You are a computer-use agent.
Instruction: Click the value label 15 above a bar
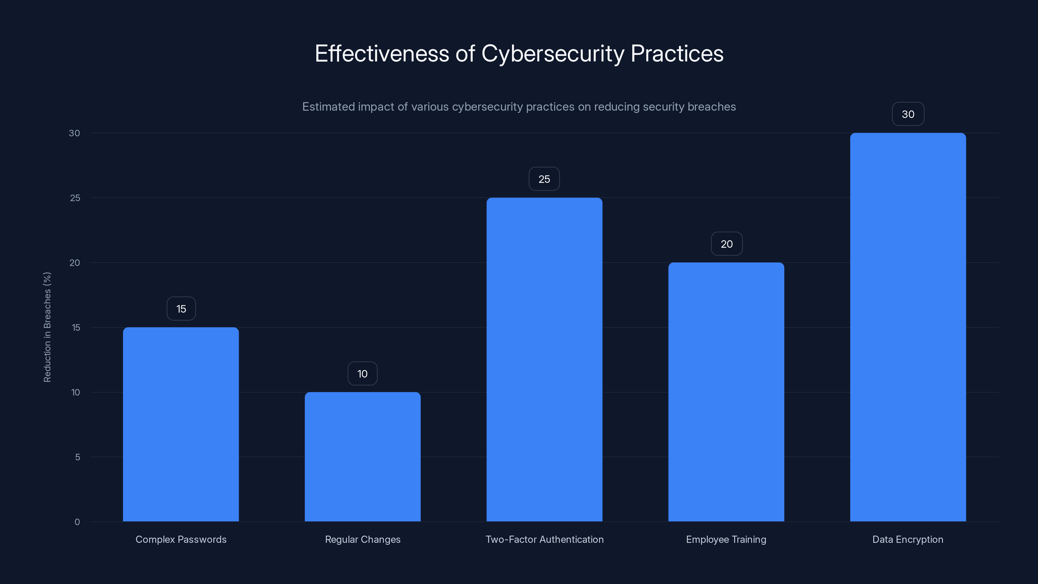point(181,309)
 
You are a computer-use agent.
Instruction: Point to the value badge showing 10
point(362,374)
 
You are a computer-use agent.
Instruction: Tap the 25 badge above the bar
point(544,179)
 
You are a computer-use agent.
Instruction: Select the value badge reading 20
point(727,244)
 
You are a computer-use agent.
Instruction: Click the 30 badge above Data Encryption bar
point(908,114)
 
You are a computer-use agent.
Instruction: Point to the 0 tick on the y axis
point(77,522)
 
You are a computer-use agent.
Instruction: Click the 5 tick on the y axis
point(78,457)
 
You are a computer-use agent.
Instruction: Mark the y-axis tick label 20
point(75,263)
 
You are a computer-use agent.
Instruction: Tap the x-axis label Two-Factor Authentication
point(544,539)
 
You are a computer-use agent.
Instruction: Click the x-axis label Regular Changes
point(363,539)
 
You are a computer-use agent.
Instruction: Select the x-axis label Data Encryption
point(908,539)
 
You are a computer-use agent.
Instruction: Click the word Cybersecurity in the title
point(552,54)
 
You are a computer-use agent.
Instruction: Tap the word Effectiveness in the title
point(381,54)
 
